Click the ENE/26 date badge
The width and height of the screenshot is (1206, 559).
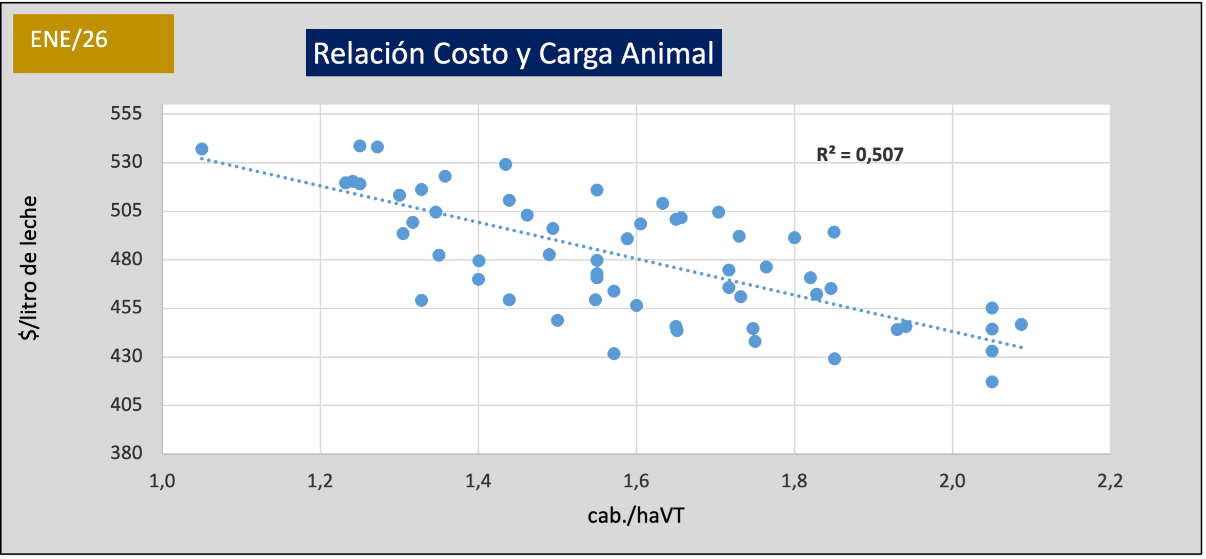93,43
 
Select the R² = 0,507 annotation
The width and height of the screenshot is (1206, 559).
860,154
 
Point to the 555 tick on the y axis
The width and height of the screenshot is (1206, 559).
126,113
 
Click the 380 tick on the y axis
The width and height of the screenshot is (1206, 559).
126,453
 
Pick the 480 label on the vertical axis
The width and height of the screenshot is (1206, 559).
126,259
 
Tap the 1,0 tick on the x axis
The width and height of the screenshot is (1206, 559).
162,481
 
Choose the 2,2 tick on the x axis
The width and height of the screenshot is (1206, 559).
1110,481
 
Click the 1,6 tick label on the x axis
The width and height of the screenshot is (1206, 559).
636,481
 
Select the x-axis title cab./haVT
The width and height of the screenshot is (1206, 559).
636,515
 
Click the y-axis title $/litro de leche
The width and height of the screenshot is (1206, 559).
29,268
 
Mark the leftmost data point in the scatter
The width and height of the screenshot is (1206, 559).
202,149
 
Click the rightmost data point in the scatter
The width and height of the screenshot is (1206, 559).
1021,324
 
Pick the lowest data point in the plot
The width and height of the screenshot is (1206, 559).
992,382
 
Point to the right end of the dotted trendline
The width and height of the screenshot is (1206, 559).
1021,347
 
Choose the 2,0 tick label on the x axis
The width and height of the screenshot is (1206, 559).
952,481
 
